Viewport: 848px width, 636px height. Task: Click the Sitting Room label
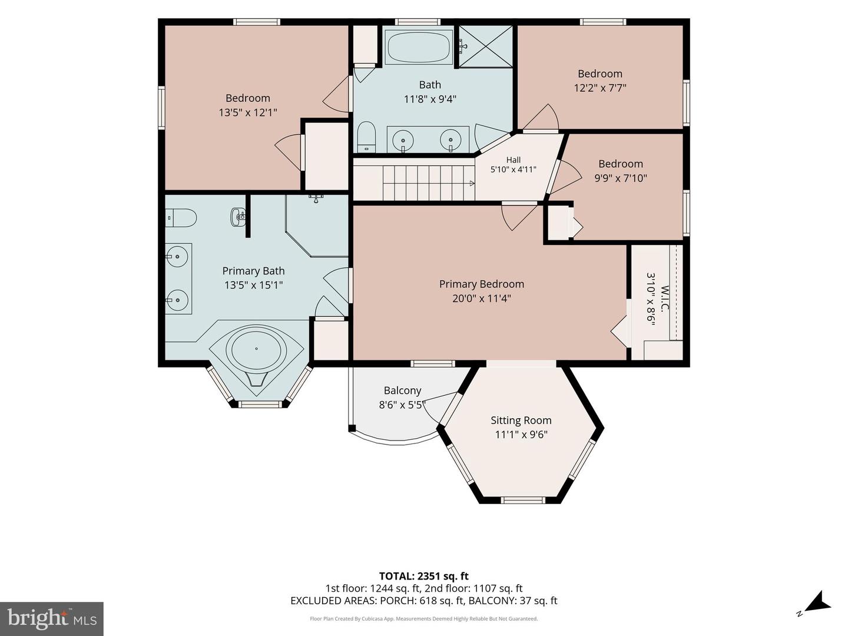pyautogui.click(x=521, y=420)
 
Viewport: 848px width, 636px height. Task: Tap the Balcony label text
pyautogui.click(x=402, y=390)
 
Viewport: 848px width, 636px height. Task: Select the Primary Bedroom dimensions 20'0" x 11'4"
pyautogui.click(x=481, y=299)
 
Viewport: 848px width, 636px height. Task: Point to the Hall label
pyautogui.click(x=514, y=160)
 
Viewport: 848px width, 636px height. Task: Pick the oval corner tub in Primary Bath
pyautogui.click(x=256, y=349)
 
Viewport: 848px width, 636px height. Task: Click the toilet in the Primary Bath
pyautogui.click(x=181, y=218)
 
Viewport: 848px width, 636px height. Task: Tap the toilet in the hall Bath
pyautogui.click(x=366, y=137)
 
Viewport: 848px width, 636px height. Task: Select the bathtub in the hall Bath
pyautogui.click(x=419, y=47)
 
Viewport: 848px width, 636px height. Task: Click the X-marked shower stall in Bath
pyautogui.click(x=486, y=47)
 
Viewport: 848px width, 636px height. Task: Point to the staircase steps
pyautogui.click(x=429, y=183)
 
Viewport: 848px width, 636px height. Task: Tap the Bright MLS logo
pyautogui.click(x=52, y=619)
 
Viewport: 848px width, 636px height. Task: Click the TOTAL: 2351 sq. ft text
pyautogui.click(x=424, y=577)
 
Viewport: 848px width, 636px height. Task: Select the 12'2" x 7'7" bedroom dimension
pyautogui.click(x=600, y=88)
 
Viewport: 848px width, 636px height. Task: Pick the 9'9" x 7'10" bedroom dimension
pyautogui.click(x=621, y=178)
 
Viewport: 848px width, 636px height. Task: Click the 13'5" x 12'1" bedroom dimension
pyautogui.click(x=248, y=112)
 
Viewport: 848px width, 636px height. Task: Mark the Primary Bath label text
pyautogui.click(x=253, y=271)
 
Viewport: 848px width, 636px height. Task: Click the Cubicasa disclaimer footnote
pyautogui.click(x=424, y=619)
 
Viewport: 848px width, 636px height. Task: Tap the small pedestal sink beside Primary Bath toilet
pyautogui.click(x=238, y=218)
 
